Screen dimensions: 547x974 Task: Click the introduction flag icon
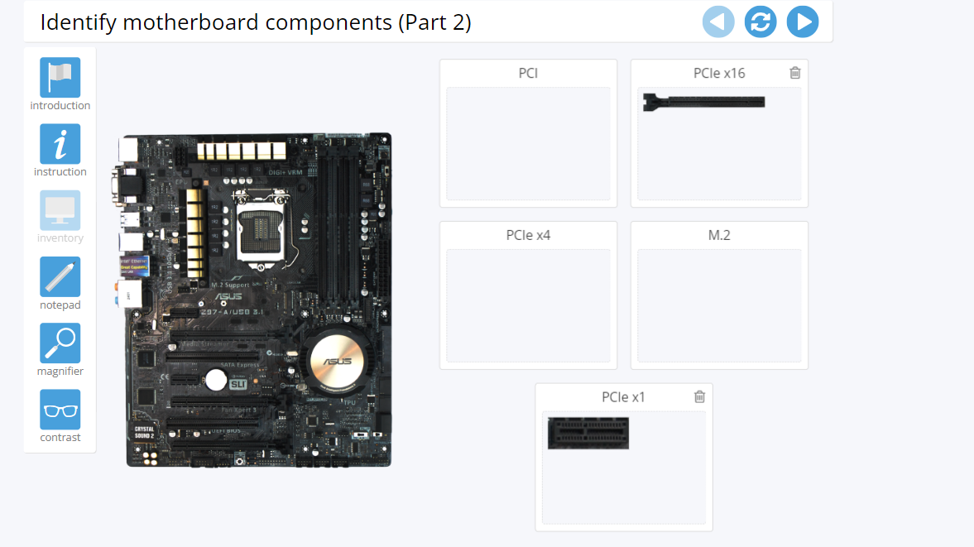pos(60,77)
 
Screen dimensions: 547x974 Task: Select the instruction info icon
pos(60,144)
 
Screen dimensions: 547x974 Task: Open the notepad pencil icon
pos(60,277)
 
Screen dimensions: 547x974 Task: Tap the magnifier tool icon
pos(60,343)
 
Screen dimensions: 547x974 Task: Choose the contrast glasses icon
pos(60,410)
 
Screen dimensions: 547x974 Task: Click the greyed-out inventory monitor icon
pos(60,210)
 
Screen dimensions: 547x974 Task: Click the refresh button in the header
pos(760,22)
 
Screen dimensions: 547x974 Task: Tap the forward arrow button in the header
pos(803,22)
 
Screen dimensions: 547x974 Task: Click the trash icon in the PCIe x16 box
pos(795,73)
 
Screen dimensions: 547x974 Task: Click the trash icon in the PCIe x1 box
pos(699,396)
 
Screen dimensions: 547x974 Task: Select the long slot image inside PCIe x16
pos(703,102)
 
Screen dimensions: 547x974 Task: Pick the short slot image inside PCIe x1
pos(588,433)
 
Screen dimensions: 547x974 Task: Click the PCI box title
pos(528,73)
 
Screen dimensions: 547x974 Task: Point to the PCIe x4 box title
pos(528,235)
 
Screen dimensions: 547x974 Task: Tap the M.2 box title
pos(719,235)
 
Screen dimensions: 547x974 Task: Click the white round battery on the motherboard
pos(216,379)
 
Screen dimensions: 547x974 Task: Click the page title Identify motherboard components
pos(256,22)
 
